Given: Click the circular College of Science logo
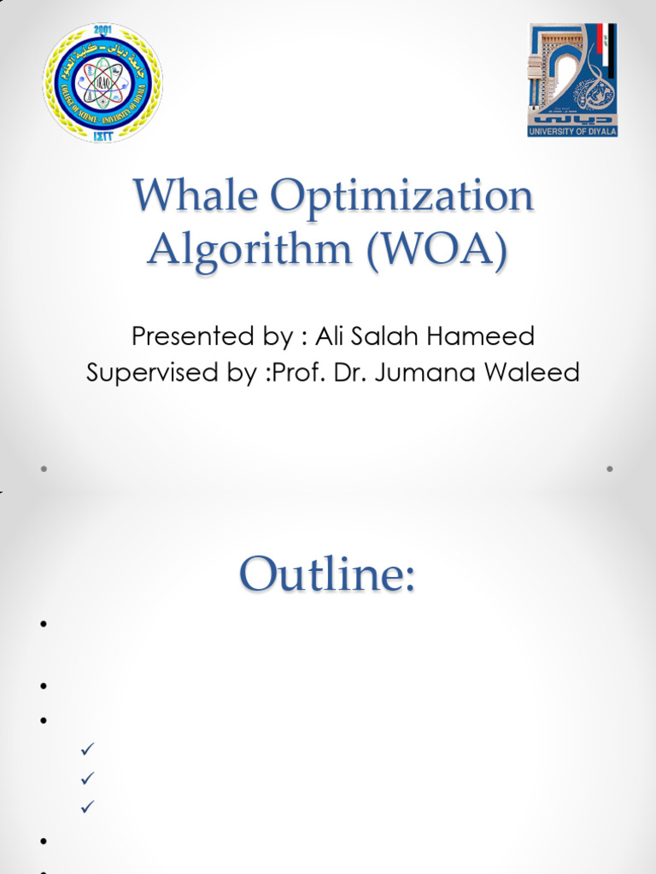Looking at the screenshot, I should click(102, 83).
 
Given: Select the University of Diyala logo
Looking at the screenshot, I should click(571, 80).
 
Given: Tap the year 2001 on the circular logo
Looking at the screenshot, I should click(102, 29).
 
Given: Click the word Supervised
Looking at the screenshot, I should click(152, 373).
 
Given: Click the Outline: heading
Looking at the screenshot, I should click(327, 574).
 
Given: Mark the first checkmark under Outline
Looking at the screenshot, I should click(85, 749).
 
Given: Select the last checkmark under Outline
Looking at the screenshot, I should click(85, 807).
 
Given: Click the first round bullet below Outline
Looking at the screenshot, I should click(41, 625).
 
